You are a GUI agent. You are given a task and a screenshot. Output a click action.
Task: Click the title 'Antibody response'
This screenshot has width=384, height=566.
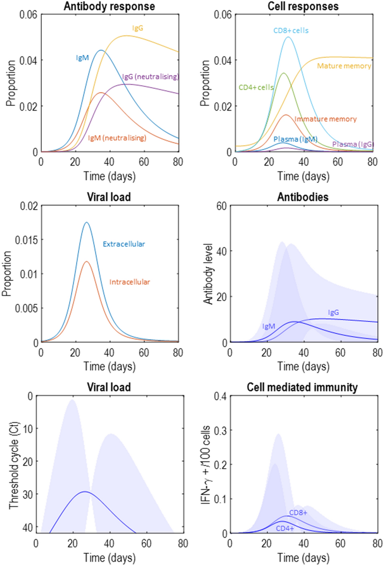coord(109,6)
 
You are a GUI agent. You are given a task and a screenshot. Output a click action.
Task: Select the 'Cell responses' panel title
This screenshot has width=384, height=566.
coord(303,6)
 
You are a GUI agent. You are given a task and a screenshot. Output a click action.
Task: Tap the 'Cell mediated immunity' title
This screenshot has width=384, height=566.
coord(302,387)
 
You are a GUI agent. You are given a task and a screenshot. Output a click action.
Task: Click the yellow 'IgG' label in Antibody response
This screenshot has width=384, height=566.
coord(138,28)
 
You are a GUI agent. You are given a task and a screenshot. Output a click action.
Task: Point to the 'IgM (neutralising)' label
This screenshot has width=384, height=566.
coord(117,138)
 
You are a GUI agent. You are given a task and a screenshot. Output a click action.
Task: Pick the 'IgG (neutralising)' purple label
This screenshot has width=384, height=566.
coord(150,76)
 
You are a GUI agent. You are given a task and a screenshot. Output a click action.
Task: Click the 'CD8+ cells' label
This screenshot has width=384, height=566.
coord(291,30)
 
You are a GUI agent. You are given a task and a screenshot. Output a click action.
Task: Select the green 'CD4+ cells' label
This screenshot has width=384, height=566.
coord(256,87)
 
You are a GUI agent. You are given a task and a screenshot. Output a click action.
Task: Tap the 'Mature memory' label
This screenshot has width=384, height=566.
coord(344,66)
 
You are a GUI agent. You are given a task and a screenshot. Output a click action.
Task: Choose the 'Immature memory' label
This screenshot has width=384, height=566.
coord(325,119)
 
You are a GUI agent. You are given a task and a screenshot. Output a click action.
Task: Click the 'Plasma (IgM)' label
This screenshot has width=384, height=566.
coord(295,139)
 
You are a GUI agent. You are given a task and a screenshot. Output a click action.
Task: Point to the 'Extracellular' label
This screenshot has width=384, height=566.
coord(124,244)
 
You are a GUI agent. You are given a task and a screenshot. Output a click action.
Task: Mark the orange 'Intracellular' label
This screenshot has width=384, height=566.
coord(130,282)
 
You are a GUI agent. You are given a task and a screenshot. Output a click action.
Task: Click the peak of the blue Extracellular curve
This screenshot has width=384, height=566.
coord(86,222)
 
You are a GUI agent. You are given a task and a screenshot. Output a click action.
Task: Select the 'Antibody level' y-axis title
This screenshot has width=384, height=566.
coord(208,274)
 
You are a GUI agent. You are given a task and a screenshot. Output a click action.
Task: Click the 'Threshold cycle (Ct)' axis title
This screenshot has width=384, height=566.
coord(14,465)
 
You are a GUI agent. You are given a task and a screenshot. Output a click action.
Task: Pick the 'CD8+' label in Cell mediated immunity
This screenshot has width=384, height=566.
coord(298,512)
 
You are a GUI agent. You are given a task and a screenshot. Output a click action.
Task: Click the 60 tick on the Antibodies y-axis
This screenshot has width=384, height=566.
coord(222,206)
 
